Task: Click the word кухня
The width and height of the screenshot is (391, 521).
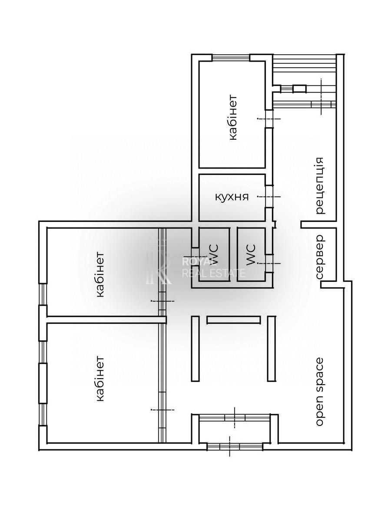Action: pyautogui.click(x=232, y=197)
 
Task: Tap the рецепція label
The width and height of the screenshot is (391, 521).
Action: pyautogui.click(x=320, y=185)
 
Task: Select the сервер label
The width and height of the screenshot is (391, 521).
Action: pyautogui.click(x=320, y=257)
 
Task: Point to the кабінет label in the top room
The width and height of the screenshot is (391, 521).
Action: pyautogui.click(x=233, y=118)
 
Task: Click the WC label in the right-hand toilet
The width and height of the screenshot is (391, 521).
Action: pyautogui.click(x=251, y=255)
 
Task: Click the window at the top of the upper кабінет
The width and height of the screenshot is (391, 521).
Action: pyautogui.click(x=231, y=57)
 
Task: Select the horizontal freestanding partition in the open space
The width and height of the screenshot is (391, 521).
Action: pyautogui.click(x=234, y=320)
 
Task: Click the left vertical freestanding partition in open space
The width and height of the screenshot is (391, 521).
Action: pyautogui.click(x=195, y=349)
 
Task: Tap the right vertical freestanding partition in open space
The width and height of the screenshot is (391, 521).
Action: pyautogui.click(x=272, y=349)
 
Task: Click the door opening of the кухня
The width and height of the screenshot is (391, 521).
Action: pyautogui.click(x=269, y=197)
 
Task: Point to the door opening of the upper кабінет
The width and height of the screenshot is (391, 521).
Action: pyautogui.click(x=269, y=119)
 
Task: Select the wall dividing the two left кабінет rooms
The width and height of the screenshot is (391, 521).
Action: pyautogui.click(x=106, y=320)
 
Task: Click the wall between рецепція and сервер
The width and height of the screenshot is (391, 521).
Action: pyautogui.click(x=319, y=224)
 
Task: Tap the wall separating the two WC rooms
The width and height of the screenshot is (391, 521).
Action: pyautogui.click(x=233, y=254)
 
